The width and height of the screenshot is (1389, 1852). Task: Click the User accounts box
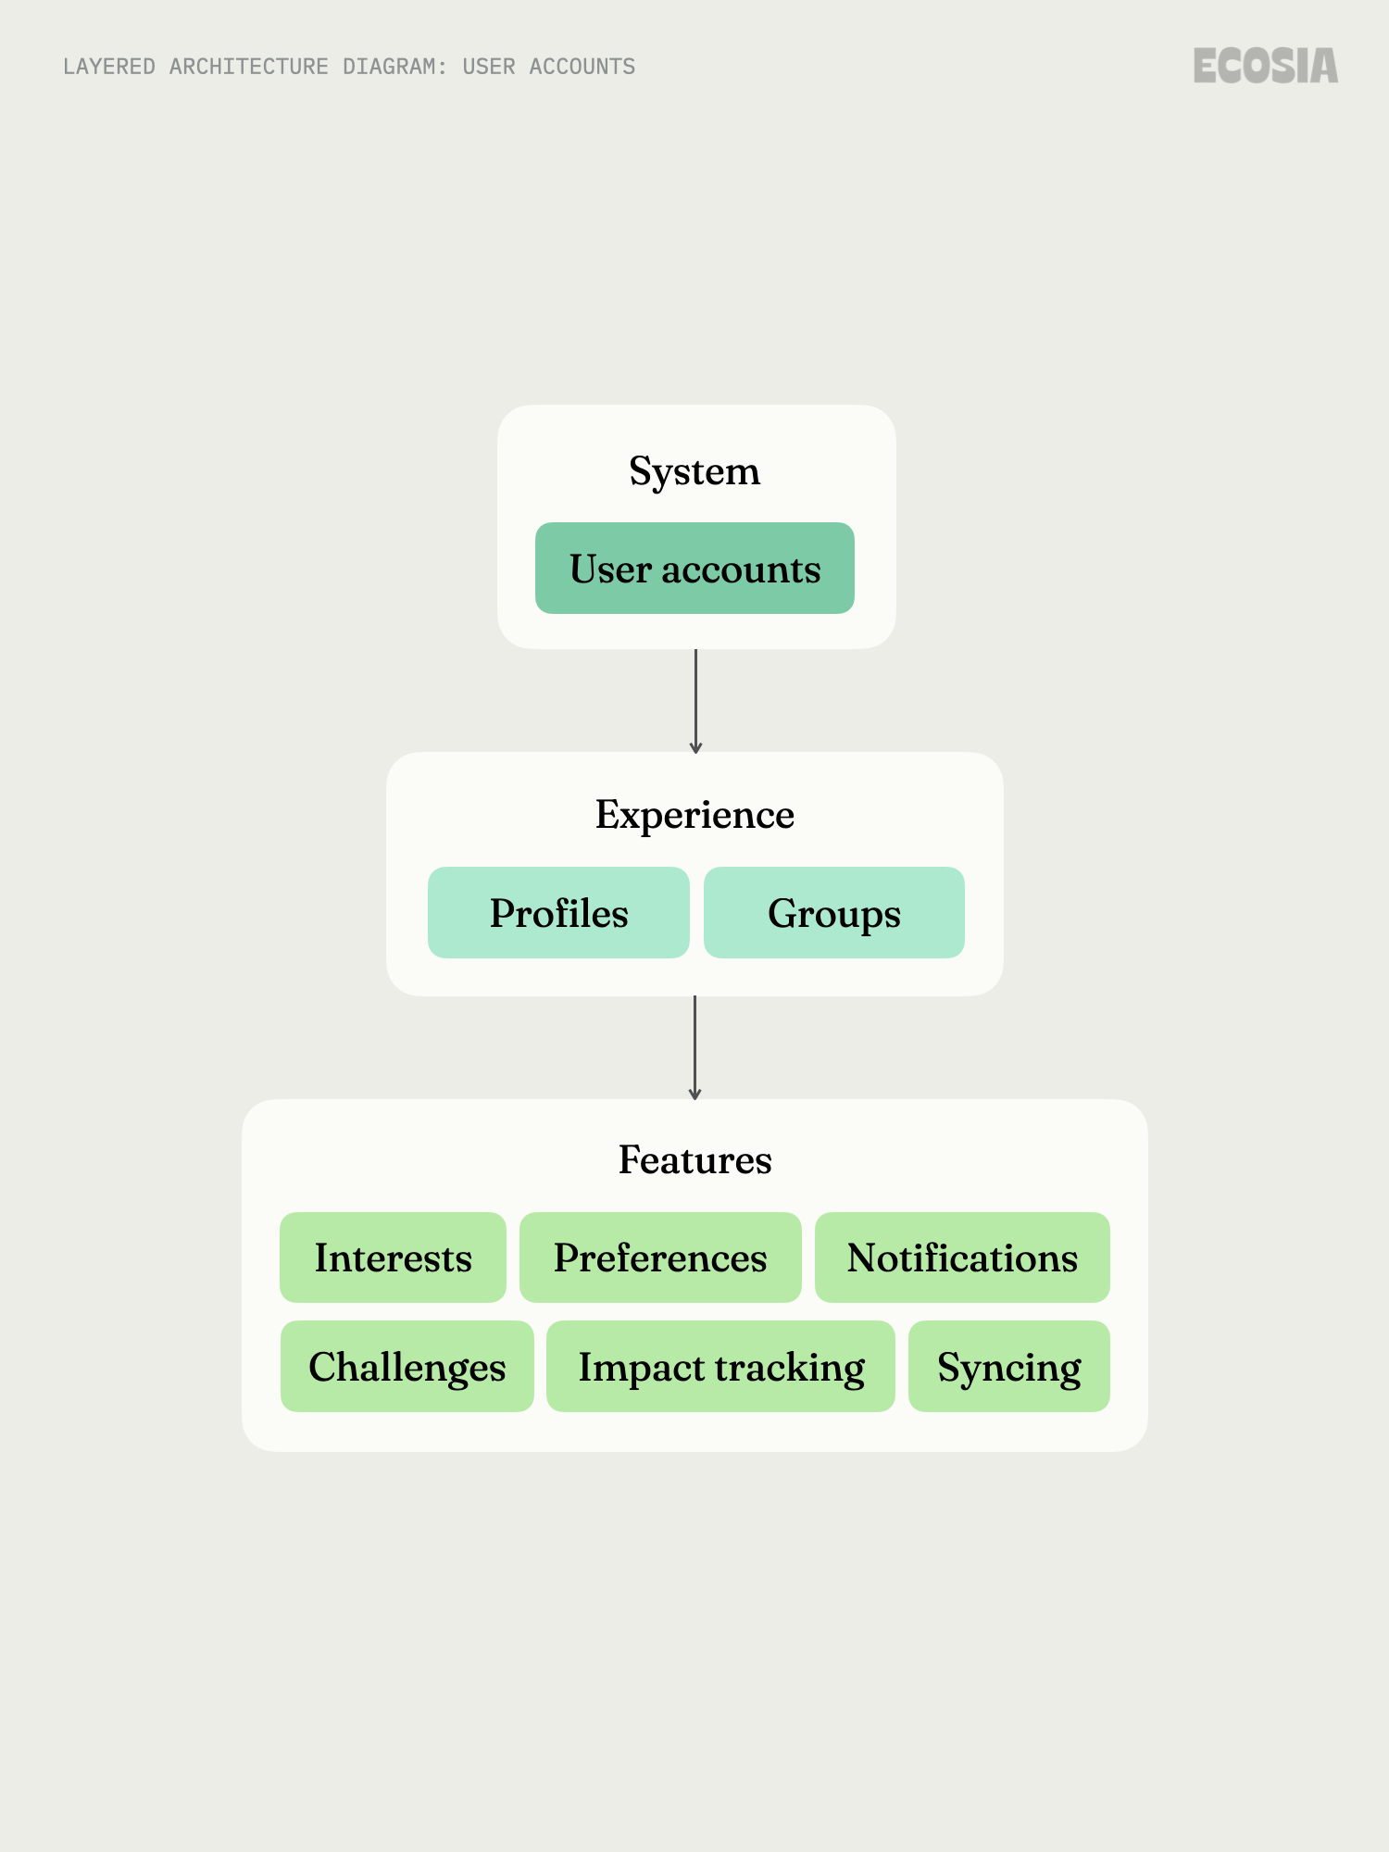[x=694, y=568]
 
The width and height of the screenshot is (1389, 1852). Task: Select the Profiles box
[x=558, y=913]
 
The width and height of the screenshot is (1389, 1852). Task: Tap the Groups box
[x=833, y=913]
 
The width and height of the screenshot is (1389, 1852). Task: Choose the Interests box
[x=393, y=1258]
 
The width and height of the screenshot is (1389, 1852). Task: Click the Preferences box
[x=660, y=1258]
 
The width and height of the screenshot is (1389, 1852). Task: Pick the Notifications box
[x=962, y=1258]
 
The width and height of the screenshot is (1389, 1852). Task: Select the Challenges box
[x=407, y=1367]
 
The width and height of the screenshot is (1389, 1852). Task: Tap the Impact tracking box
[x=720, y=1367]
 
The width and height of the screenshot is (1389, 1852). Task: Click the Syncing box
[x=1008, y=1367]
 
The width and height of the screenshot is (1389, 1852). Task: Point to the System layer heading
[x=694, y=471]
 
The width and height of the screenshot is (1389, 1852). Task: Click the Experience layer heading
[x=694, y=815]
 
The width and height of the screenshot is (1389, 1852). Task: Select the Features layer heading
[x=694, y=1159]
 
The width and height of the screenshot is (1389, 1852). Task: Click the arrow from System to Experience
[x=695, y=701]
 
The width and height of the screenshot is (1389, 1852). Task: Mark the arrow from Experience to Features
[x=694, y=1048]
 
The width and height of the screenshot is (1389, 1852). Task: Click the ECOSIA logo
[x=1265, y=66]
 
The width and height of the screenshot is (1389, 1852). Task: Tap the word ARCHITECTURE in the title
[x=248, y=67]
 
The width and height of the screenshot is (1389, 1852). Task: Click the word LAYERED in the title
[x=109, y=67]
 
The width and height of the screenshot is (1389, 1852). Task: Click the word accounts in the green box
[x=741, y=569]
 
